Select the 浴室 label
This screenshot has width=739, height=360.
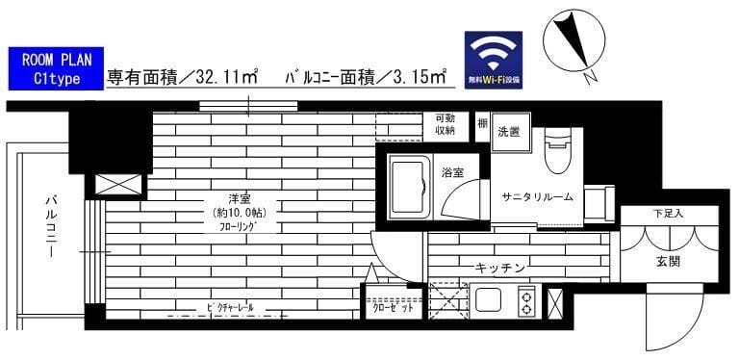(453, 173)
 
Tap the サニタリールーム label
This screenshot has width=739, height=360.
(537, 196)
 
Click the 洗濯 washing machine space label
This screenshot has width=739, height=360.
(508, 132)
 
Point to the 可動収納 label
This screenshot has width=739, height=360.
(445, 124)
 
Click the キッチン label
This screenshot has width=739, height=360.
(498, 268)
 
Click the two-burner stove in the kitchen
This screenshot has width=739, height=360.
(527, 302)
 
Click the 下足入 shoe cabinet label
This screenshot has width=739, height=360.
(668, 213)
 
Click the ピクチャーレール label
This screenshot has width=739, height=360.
(229, 307)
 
